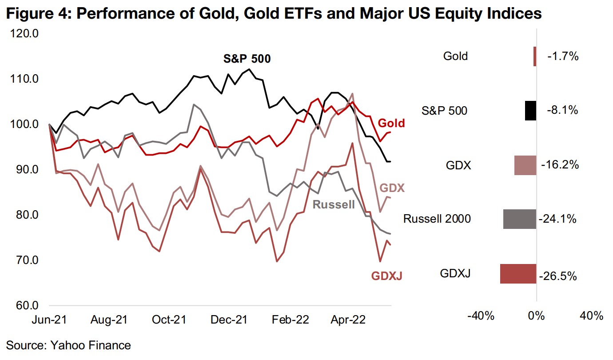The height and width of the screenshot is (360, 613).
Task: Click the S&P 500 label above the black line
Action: [247, 59]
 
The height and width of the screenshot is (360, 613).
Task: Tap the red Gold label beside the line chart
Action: [391, 123]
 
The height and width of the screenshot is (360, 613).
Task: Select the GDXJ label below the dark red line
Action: [386, 276]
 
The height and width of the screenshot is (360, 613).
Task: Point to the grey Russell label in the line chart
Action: [334, 205]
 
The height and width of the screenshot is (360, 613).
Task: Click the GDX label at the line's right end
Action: [392, 188]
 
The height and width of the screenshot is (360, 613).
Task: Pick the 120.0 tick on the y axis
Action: [25, 34]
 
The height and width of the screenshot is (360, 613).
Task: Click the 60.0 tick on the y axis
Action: [26, 306]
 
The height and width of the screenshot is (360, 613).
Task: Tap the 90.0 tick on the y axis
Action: [26, 170]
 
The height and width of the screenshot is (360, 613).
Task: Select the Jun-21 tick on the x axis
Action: [49, 320]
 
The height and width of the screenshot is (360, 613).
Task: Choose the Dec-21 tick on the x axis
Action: [228, 320]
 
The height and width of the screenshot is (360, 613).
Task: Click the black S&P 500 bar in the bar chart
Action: [530, 111]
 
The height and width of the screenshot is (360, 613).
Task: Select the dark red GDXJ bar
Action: [518, 274]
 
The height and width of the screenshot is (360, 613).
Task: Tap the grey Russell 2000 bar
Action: [520, 219]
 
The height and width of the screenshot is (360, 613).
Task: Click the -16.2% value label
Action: [560, 165]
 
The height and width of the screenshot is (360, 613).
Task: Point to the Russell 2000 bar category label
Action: [437, 219]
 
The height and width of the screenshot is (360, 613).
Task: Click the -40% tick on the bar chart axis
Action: [482, 316]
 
